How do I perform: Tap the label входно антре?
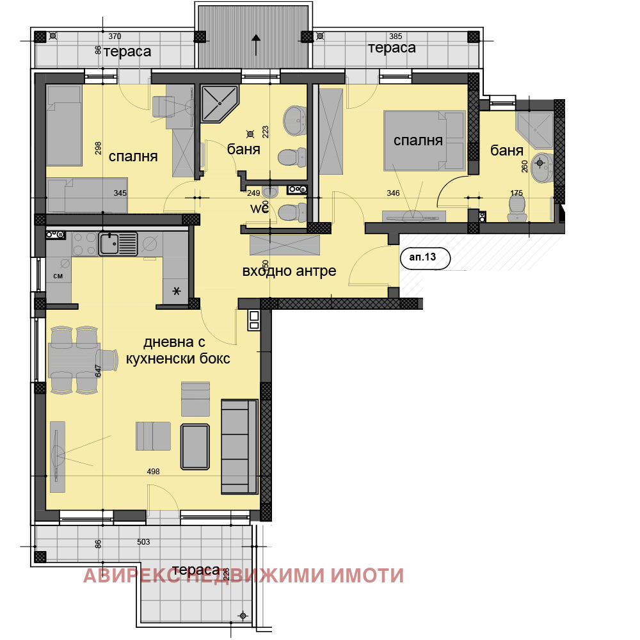click(289, 271)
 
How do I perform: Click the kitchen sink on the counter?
click(118, 244)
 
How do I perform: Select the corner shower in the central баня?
click(220, 104)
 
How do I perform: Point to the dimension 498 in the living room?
click(153, 472)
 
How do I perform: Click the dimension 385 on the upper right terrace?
click(396, 36)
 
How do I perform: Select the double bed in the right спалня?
click(423, 141)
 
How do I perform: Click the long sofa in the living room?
click(239, 446)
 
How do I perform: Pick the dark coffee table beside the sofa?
click(195, 445)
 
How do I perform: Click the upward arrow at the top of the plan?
click(256, 45)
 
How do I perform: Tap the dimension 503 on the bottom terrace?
click(143, 542)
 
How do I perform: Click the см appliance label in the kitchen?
click(58, 276)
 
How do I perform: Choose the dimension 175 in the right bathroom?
click(516, 192)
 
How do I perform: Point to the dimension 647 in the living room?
click(98, 371)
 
